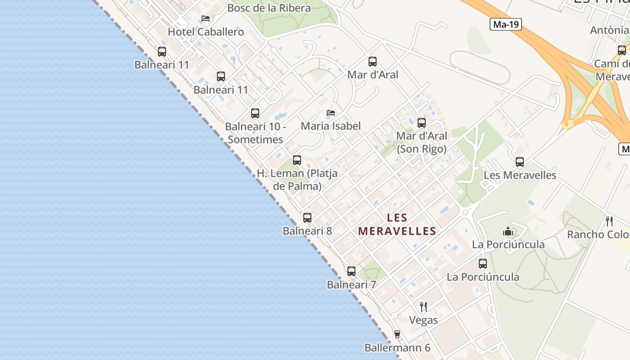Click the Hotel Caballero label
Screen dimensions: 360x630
206,32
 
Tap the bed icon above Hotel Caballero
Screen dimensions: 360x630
206,18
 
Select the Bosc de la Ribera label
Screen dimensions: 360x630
269,8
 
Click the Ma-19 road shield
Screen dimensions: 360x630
506,24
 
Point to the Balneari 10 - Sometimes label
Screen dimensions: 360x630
256,133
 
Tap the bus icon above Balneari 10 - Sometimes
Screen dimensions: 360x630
255,113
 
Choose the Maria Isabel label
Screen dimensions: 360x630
331,126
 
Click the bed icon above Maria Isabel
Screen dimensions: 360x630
331,112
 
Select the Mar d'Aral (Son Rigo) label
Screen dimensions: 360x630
422,142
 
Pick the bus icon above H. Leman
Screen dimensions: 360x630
297,160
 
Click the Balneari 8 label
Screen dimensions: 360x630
307,231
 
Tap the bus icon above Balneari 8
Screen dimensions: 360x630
307,218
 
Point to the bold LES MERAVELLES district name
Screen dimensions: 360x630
397,225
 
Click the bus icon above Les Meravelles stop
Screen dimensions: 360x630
520,162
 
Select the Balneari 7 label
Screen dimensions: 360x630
351,285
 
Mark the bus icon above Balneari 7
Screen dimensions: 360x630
351,271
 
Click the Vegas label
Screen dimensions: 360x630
423,320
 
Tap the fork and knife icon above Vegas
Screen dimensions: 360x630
423,307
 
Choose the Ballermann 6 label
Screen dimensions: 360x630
397,348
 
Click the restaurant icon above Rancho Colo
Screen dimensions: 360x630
609,221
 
